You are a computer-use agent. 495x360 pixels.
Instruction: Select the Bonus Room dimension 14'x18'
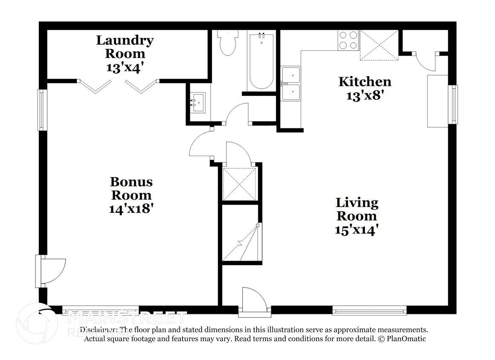[x=131, y=209]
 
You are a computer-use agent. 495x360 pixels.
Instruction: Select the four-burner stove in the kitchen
[x=348, y=40]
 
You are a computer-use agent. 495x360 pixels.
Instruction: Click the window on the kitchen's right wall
[x=454, y=104]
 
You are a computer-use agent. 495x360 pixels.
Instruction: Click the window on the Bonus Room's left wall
[x=41, y=110]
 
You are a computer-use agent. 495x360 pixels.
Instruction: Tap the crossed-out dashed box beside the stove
[x=379, y=45]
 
